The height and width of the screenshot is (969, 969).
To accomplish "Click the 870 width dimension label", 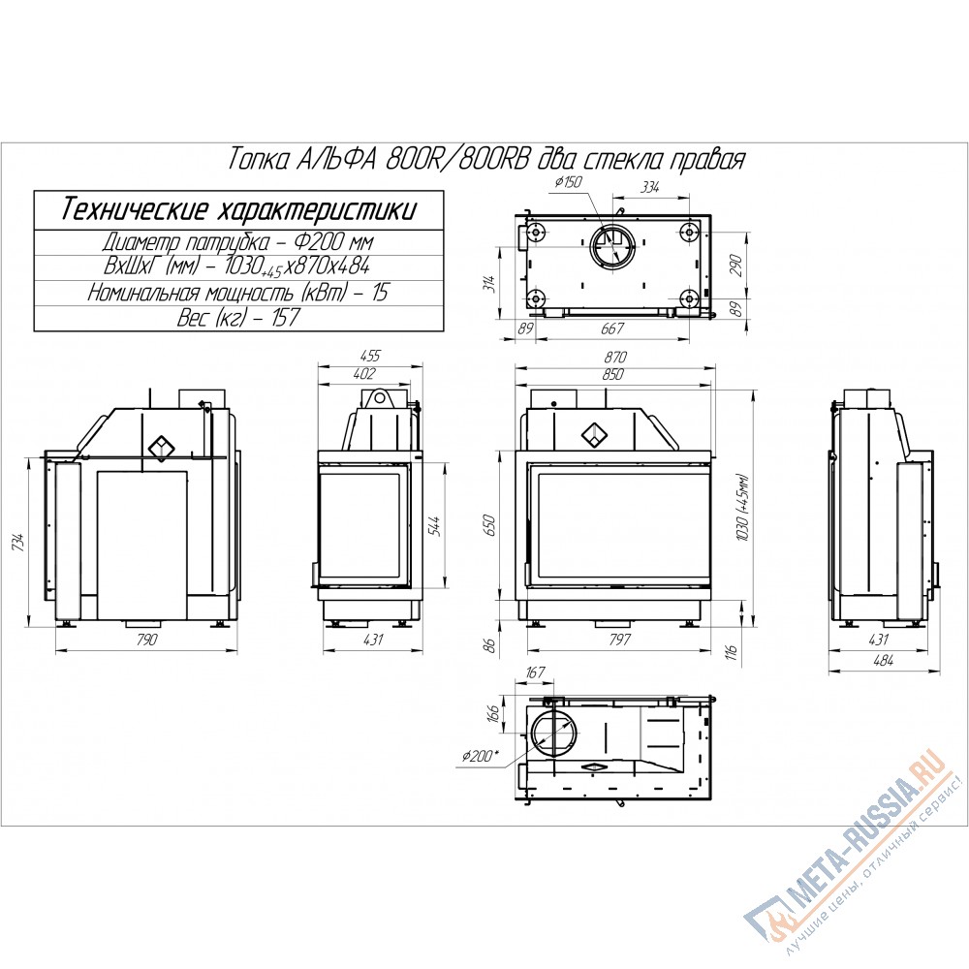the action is coord(615,358).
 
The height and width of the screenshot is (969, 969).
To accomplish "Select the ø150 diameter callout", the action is coord(569,182).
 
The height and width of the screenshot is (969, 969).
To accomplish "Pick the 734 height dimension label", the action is coord(20,542).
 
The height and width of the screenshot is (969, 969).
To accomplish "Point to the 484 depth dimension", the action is coord(883,660).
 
